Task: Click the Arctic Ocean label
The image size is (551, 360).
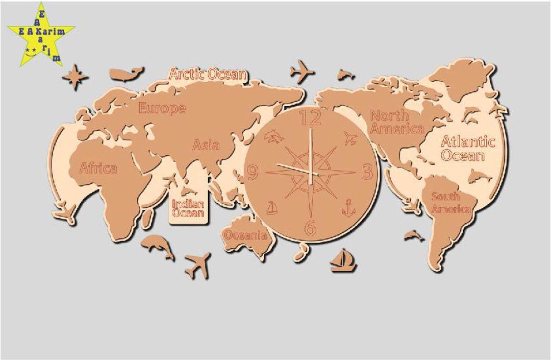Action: click(207, 75)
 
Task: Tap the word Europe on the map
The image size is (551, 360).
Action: click(162, 108)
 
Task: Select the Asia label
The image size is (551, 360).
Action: click(206, 145)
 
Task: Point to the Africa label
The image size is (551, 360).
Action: click(98, 168)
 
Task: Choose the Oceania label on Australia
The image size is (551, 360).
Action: click(245, 235)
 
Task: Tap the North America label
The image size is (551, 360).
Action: click(397, 122)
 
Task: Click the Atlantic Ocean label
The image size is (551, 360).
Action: click(467, 148)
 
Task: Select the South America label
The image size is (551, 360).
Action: click(450, 202)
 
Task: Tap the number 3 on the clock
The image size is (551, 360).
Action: click(367, 173)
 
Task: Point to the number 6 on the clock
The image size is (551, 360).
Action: click(310, 228)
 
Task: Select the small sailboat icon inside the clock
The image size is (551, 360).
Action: click(273, 207)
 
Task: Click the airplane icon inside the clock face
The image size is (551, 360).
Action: click(350, 137)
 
